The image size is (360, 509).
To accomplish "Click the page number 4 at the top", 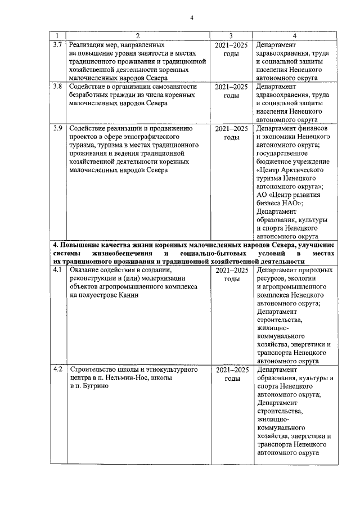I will point(191,17).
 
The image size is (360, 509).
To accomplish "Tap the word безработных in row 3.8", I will point(88,96).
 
